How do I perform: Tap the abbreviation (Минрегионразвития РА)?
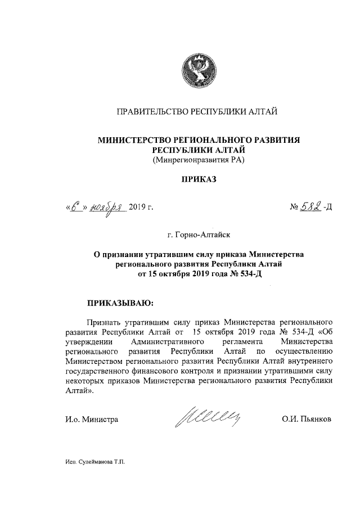tap(197, 160)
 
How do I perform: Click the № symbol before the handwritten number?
tap(294, 208)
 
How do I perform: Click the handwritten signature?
tap(209, 418)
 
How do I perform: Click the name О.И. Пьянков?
tap(307, 420)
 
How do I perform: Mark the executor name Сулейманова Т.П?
tap(101, 462)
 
